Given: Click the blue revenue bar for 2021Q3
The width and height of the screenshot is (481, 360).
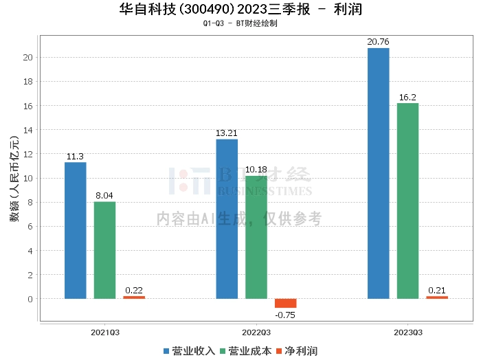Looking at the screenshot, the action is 76,230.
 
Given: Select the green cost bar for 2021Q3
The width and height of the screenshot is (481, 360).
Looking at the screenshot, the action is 104,250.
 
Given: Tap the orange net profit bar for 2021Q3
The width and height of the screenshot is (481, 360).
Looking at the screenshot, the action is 134,297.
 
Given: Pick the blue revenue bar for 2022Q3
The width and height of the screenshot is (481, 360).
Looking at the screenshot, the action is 227,219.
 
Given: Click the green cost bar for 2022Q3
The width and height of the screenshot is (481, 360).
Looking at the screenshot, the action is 256,237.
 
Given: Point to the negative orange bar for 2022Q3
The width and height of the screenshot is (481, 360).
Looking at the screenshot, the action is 286,303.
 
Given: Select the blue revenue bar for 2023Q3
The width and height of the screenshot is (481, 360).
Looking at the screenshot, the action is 378,173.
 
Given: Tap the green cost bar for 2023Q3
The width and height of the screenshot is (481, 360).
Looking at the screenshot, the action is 407,201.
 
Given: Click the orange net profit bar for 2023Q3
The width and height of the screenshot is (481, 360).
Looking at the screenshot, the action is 437,297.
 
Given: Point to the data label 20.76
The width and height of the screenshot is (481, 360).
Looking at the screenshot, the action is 378,42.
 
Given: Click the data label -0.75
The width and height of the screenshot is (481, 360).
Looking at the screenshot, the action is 285,315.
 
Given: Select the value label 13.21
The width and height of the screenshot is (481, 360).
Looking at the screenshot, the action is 226,133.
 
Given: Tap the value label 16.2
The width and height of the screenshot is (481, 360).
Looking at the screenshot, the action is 407,97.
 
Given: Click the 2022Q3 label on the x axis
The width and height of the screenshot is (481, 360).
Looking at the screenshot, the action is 256,333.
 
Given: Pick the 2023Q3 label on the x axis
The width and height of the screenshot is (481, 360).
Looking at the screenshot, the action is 408,333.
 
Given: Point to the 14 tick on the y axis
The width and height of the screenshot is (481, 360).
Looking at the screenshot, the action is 28,130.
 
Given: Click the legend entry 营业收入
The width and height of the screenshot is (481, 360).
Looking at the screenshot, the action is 189,351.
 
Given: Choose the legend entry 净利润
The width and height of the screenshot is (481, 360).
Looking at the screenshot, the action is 297,351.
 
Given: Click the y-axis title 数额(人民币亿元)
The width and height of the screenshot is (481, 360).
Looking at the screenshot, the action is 14,179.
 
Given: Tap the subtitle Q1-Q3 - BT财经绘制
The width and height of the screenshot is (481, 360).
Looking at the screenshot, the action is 240,23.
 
